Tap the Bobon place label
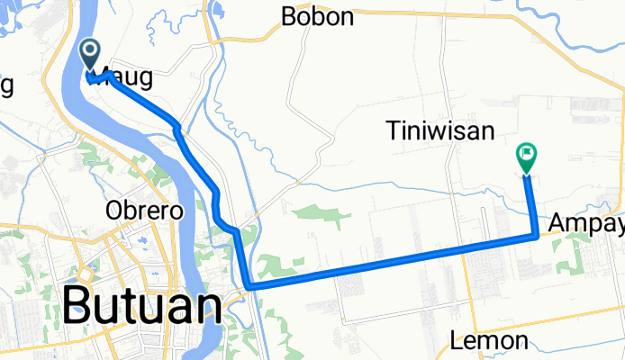click(316, 16)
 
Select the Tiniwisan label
click(442, 131)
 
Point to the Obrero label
click(144, 211)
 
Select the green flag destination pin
click(526, 157)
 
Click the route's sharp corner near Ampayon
click(538, 236)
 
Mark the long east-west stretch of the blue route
click(387, 263)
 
